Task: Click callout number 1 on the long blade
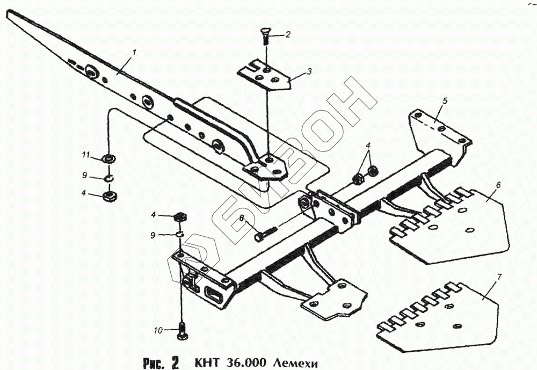point(135,53)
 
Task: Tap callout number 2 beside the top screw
point(288,35)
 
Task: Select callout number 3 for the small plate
point(309,71)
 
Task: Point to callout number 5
point(445,100)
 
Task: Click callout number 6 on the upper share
point(498,185)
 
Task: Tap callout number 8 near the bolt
point(242,218)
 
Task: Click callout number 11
point(85,155)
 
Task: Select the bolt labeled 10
point(182,331)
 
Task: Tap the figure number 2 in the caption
point(175,362)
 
